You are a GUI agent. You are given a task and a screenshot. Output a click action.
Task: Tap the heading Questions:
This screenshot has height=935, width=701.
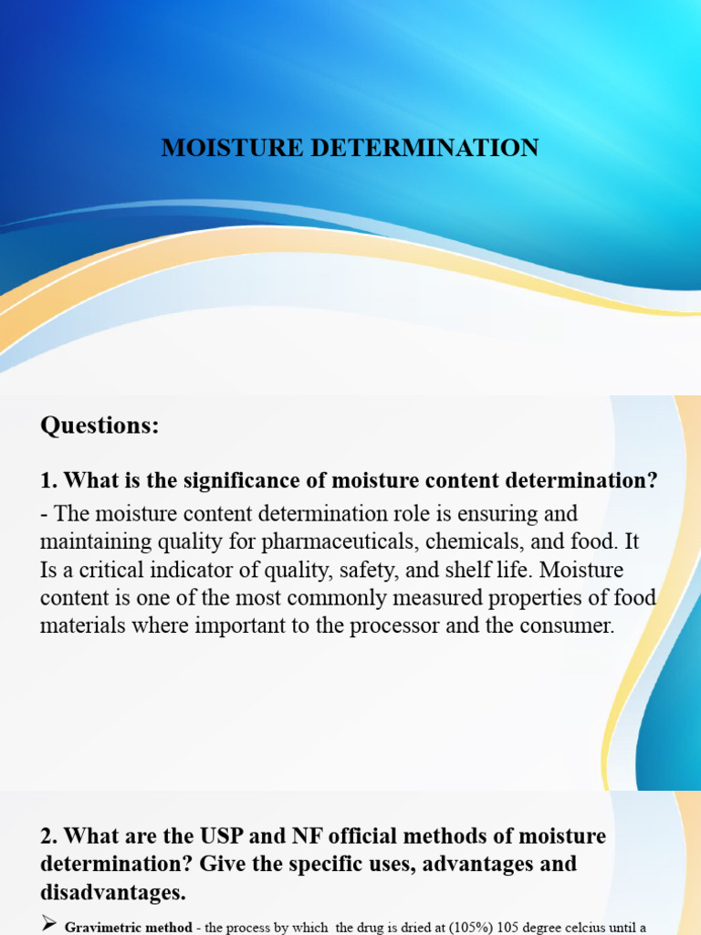[x=99, y=425]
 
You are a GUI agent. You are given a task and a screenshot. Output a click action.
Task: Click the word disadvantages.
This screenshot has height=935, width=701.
[x=108, y=891]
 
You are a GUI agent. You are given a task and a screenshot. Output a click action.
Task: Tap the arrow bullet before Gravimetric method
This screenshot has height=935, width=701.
[x=49, y=927]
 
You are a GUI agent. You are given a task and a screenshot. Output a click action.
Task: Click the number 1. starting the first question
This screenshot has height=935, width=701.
[x=49, y=480]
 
